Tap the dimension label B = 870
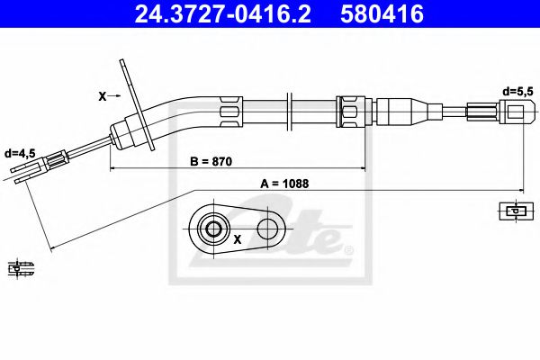(211, 162)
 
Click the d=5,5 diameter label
(519, 92)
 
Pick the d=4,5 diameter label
(20, 154)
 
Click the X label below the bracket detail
(238, 240)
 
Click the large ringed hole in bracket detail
(213, 229)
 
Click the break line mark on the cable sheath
(288, 109)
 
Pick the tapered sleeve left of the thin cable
(405, 112)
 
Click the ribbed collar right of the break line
(348, 110)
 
